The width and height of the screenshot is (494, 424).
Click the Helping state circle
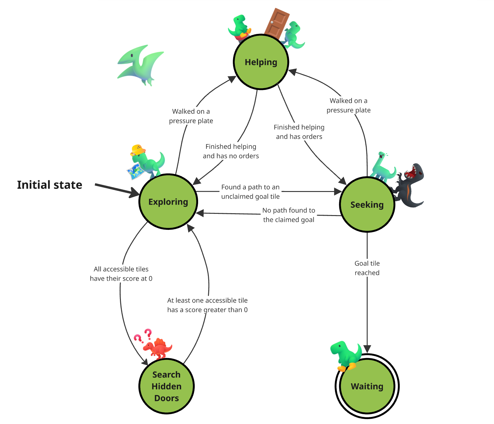click(261, 62)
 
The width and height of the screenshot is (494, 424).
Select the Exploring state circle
click(168, 202)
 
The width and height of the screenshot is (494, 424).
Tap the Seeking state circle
click(367, 205)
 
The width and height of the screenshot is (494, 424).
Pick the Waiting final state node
click(367, 386)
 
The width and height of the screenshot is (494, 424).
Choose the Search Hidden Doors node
click(166, 386)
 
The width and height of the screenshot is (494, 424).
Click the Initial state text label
click(50, 185)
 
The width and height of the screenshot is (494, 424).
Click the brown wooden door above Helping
click(277, 23)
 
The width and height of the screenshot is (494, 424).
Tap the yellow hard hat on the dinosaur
click(137, 150)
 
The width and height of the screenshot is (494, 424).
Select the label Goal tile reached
click(367, 268)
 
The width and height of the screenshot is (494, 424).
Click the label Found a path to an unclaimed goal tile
click(250, 192)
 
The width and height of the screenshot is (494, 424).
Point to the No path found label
click(289, 215)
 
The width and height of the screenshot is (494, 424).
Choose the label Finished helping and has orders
click(299, 132)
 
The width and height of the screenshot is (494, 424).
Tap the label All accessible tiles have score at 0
click(121, 274)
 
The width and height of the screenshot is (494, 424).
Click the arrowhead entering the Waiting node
click(367, 349)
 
